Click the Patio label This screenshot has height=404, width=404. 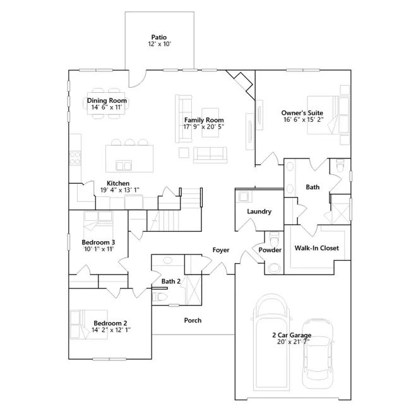pos(159,37)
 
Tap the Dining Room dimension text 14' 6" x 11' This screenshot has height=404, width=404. pos(107,107)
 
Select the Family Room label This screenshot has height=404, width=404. pos(204,120)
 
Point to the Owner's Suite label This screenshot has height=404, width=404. pos(302,113)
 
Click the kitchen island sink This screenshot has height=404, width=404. pos(124,165)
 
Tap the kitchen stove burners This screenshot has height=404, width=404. pos(75,158)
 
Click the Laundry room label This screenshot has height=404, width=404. pos(259,211)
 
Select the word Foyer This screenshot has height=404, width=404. pos(221,250)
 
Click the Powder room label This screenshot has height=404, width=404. pos(270,250)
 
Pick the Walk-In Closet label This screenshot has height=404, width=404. pos(317,248)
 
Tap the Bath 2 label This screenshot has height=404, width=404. pos(171,282)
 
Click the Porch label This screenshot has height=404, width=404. pos(193,320)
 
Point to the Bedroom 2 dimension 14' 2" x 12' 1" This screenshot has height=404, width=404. pos(111,330)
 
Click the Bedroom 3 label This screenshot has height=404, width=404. pos(98,242)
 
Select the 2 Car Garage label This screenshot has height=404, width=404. pos(292,335)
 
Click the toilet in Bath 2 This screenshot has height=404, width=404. pos(159,297)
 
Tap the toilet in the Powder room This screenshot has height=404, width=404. pos(273,239)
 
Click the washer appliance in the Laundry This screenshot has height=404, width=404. pos(244,196)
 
